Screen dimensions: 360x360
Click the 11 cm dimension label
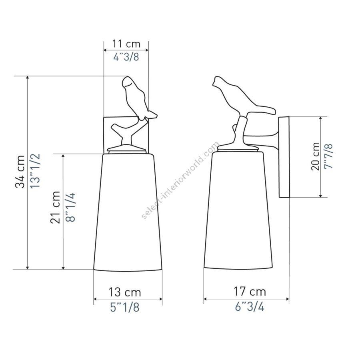pos(126,44)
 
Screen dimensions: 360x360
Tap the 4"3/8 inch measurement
pos(126,56)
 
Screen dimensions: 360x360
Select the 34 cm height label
pos(20,172)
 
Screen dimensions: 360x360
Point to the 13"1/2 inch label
pos(35,171)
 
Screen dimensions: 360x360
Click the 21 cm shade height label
pos(55,207)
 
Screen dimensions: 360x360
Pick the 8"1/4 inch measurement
pos(70,207)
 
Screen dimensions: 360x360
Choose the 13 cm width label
pos(125,292)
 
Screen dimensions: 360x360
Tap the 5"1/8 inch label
pos(125,307)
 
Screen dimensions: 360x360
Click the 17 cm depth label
pos(250,292)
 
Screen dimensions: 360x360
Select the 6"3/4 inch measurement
pos(250,306)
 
